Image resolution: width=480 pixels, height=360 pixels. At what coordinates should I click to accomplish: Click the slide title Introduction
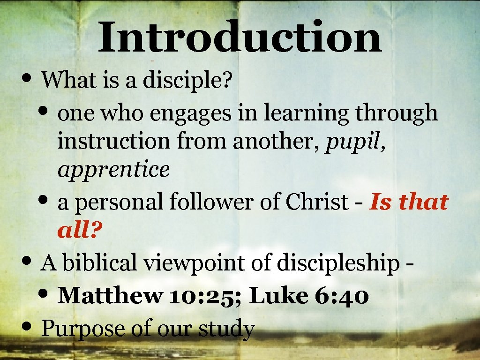coord(240,37)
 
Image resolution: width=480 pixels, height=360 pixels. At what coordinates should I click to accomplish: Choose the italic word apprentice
coord(113,170)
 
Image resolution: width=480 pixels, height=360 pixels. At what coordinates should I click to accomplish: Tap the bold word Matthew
coord(109,295)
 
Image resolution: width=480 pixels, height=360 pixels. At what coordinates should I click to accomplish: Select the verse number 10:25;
coord(205,296)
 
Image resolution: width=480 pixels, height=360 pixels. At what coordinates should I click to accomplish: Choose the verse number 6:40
coord(337,295)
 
